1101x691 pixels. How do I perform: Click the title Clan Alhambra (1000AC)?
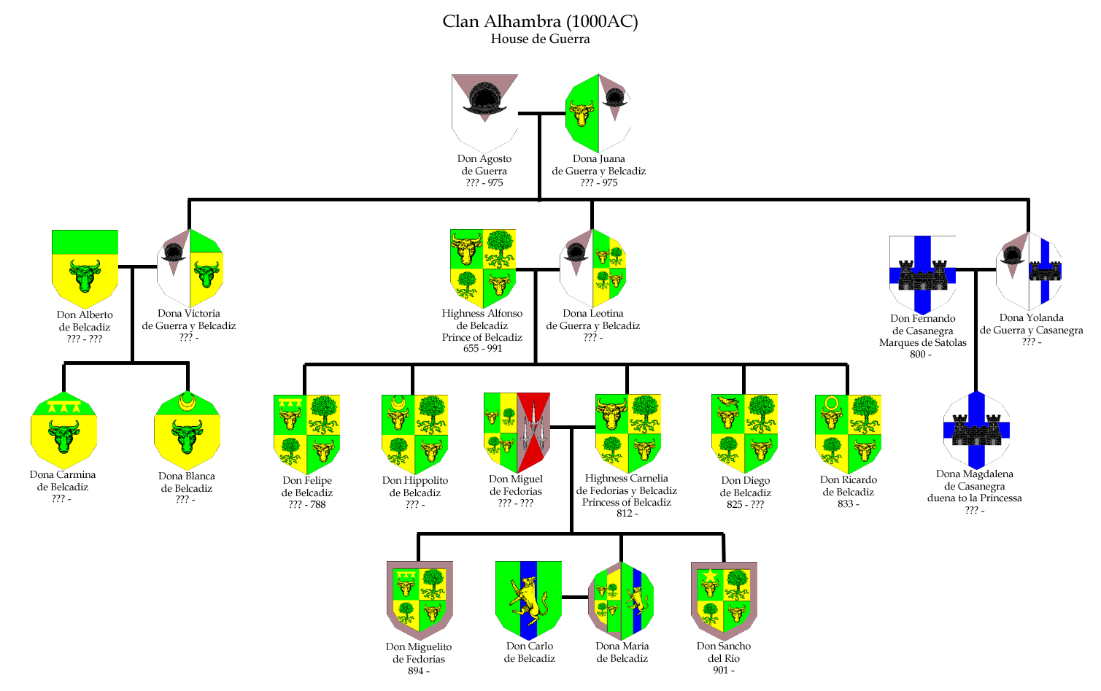click(540, 21)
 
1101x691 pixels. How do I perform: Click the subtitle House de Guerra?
click(540, 39)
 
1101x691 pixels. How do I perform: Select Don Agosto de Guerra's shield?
click(484, 114)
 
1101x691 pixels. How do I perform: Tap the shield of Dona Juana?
click(598, 114)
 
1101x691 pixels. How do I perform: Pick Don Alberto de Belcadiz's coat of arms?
click(85, 269)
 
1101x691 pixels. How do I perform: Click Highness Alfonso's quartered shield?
click(483, 269)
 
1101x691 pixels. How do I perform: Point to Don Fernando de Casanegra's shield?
click(922, 275)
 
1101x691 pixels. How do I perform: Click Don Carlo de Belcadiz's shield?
click(528, 601)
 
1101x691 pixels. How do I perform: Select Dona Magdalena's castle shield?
click(977, 431)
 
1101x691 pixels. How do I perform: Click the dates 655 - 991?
click(482, 349)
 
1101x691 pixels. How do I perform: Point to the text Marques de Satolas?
click(922, 342)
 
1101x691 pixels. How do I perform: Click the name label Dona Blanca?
click(186, 476)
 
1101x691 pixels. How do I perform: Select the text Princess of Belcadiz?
click(626, 502)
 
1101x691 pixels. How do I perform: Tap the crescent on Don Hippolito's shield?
click(398, 404)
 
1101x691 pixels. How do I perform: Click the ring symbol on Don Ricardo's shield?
click(831, 404)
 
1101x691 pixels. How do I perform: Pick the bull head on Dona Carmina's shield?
click(64, 436)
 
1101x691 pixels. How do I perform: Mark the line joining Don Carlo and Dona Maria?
click(575, 598)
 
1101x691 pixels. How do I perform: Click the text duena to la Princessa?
click(974, 498)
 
